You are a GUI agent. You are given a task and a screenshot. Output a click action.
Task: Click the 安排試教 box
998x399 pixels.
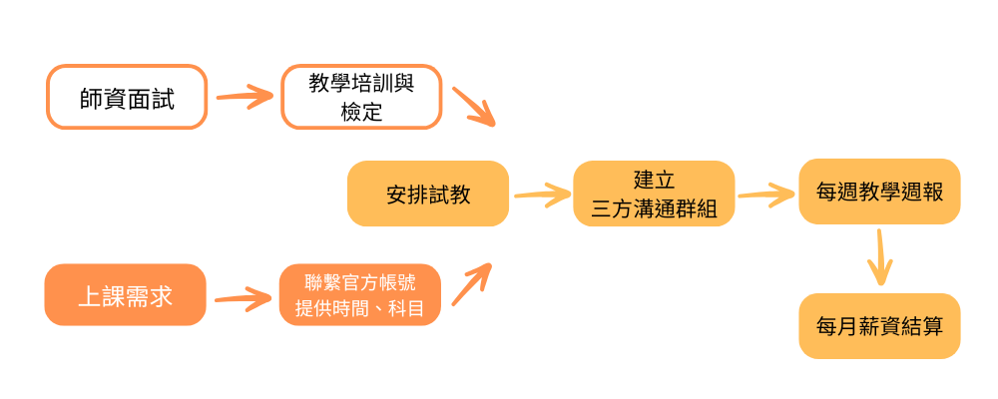pyautogui.click(x=428, y=195)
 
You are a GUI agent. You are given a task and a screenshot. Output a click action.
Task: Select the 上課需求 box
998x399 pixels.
pyautogui.click(x=126, y=295)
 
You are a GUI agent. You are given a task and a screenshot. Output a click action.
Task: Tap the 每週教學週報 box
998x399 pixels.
pyautogui.click(x=879, y=192)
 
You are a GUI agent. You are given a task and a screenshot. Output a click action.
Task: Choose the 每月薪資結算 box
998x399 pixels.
pyautogui.click(x=879, y=326)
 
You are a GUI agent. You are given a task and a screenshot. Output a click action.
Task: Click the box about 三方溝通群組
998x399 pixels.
pyautogui.click(x=654, y=195)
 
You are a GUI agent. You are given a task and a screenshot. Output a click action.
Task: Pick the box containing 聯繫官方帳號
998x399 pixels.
pyautogui.click(x=360, y=295)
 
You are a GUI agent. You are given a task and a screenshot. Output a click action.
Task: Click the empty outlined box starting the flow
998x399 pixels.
pyautogui.click(x=127, y=98)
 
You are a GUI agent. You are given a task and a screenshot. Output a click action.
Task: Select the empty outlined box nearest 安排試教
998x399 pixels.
pyautogui.click(x=361, y=98)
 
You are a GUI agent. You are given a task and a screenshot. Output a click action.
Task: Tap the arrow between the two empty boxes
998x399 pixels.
pyautogui.click(x=245, y=97)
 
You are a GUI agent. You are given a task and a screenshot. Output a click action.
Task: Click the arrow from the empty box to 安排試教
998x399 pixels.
pyautogui.click(x=474, y=107)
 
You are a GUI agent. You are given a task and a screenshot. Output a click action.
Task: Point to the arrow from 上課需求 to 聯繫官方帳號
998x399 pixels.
pyautogui.click(x=243, y=296)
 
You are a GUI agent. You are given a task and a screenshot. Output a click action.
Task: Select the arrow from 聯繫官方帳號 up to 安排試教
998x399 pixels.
pyautogui.click(x=472, y=284)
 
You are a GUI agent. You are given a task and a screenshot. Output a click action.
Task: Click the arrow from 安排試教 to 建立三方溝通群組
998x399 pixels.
pyautogui.click(x=541, y=194)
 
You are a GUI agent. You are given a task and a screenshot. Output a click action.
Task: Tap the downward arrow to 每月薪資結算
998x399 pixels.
pyautogui.click(x=879, y=258)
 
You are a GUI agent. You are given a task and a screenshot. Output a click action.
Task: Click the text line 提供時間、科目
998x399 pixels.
pyautogui.click(x=360, y=309)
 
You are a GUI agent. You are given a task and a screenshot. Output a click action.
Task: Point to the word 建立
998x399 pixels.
pyautogui.click(x=654, y=181)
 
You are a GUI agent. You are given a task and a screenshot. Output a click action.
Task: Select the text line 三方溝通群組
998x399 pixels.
pyautogui.click(x=654, y=208)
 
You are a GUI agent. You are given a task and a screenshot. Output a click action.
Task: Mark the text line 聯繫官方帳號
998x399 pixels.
pyautogui.click(x=360, y=282)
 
